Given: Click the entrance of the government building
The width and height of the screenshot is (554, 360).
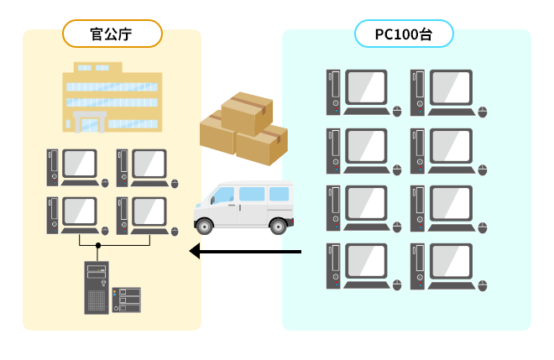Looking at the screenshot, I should coord(89,123).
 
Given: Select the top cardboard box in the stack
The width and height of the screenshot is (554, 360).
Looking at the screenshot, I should coord(247,112).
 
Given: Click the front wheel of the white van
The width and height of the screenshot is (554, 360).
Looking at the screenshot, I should coord(205,225).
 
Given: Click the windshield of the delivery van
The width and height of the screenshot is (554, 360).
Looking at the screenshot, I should coord(222,196).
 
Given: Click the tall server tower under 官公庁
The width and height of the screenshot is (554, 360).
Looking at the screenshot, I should coord(97,288).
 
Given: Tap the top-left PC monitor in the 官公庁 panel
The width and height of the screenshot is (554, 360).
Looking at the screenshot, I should coord(80,164).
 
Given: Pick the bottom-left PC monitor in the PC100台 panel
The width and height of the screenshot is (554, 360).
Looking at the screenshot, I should coord(367,262).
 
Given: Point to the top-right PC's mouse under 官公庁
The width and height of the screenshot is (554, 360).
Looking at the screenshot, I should coord(175,183).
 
